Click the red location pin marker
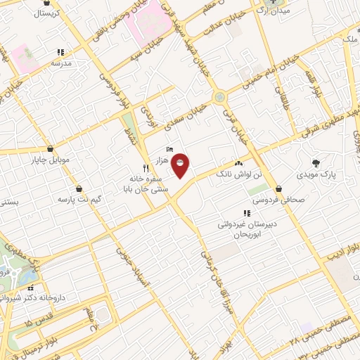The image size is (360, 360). pos(181,166)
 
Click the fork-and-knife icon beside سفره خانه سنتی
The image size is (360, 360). pos(146,168)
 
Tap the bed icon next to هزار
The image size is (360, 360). pos(169,149)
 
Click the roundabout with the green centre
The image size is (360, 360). pos(220,96)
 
